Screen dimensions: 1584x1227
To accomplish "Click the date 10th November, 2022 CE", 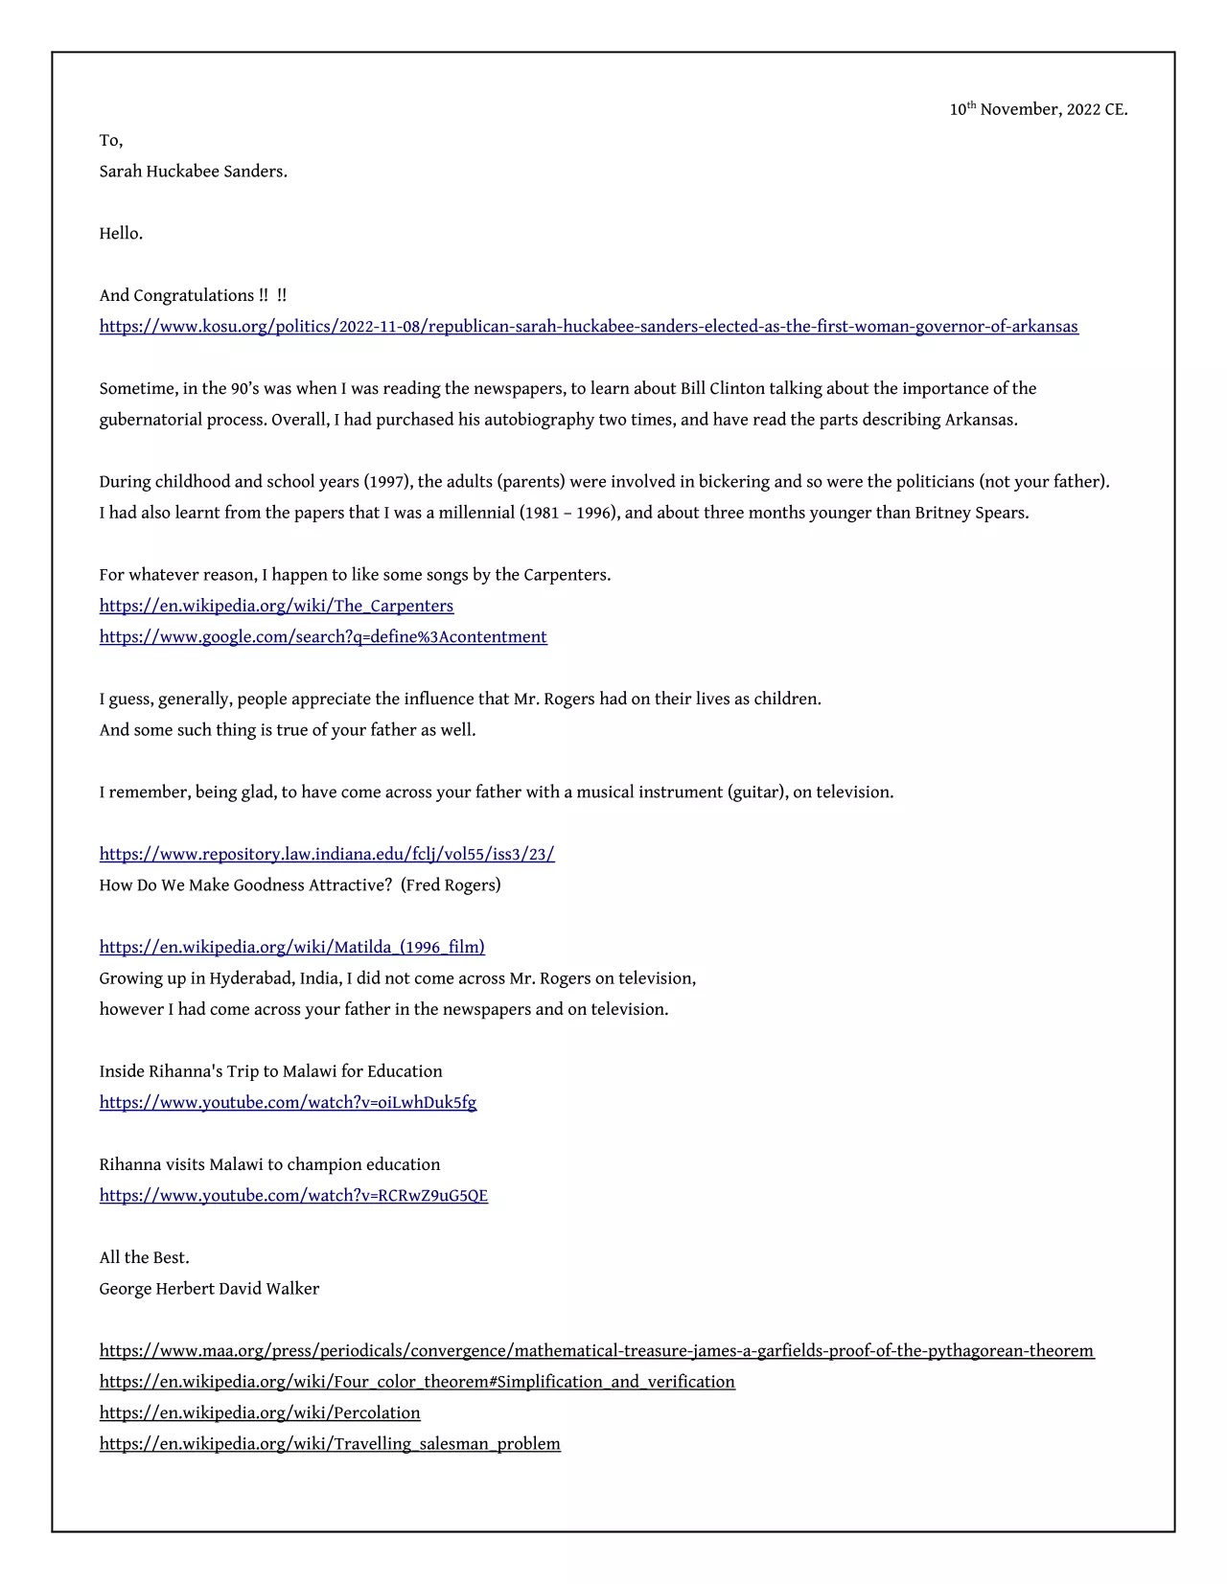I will pos(1038,109).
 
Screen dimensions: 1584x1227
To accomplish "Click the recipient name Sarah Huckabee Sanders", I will pos(193,172).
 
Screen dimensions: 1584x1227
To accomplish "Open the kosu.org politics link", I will pos(589,327).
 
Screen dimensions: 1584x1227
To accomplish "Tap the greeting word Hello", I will pos(121,234).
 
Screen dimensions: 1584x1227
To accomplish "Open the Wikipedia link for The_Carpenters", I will pos(276,607).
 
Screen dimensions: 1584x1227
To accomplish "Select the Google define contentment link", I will pos(323,637).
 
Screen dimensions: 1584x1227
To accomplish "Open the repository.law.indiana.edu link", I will pos(327,855).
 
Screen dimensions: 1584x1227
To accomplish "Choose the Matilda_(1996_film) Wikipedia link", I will pos(291,948).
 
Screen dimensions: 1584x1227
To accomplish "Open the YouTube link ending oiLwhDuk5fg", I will pos(288,1103).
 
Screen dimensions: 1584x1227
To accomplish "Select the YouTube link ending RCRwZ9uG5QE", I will pos(293,1196).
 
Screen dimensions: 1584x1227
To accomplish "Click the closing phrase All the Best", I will pos(144,1258).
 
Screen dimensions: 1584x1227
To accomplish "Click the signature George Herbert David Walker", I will pos(209,1289).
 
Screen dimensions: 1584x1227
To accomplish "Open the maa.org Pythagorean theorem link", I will pos(596,1351).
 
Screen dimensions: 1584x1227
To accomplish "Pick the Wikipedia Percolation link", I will pos(260,1413).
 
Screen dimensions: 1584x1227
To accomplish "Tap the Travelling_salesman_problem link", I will pos(330,1444).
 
